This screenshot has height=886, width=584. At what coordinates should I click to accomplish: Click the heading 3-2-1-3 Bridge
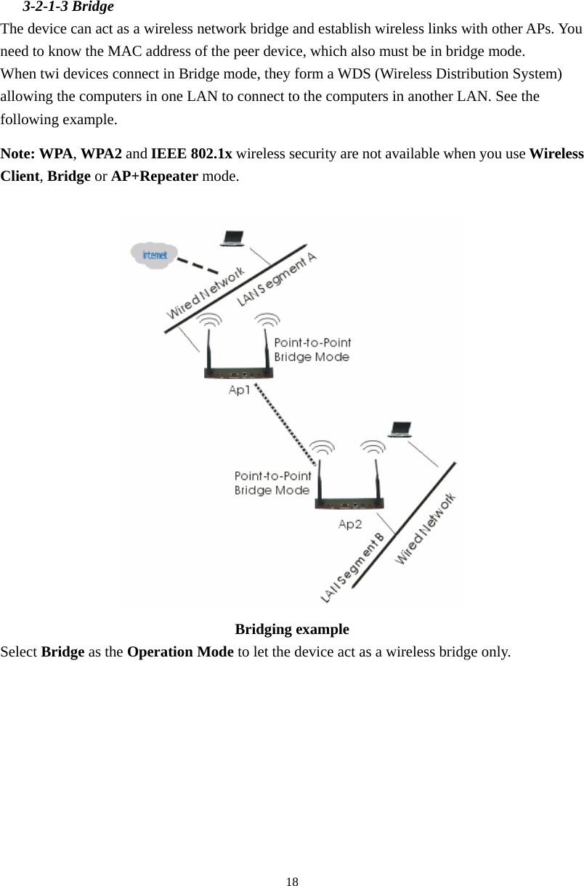pyautogui.click(x=68, y=8)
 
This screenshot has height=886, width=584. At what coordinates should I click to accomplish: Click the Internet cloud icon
pyautogui.click(x=154, y=255)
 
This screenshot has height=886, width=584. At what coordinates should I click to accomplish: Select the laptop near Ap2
pyautogui.click(x=400, y=429)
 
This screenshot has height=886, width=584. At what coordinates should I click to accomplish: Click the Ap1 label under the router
pyautogui.click(x=240, y=390)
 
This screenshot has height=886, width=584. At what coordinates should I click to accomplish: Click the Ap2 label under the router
pyautogui.click(x=350, y=524)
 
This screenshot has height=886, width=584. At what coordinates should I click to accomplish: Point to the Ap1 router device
pyautogui.click(x=239, y=373)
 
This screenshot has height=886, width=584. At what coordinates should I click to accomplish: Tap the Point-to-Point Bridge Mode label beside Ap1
pyautogui.click(x=312, y=349)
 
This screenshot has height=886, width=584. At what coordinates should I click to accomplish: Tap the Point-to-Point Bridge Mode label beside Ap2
pyautogui.click(x=272, y=483)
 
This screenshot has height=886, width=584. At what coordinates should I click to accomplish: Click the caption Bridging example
pyautogui.click(x=292, y=629)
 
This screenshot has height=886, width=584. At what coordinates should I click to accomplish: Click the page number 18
pyautogui.click(x=292, y=882)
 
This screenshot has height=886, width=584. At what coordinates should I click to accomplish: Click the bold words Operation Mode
pyautogui.click(x=180, y=651)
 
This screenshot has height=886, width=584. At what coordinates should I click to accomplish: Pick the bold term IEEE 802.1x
pyautogui.click(x=191, y=154)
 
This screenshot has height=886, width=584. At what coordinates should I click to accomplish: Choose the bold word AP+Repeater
pyautogui.click(x=154, y=176)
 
